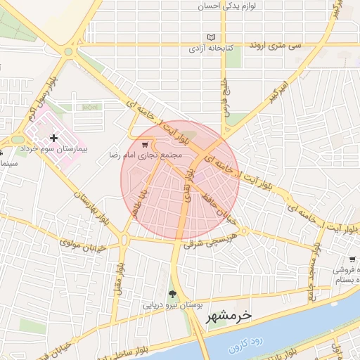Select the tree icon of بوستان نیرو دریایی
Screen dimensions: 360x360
point(172,294)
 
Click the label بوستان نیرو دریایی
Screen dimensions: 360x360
point(172,305)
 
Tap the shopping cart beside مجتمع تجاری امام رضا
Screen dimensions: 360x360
point(144,145)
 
